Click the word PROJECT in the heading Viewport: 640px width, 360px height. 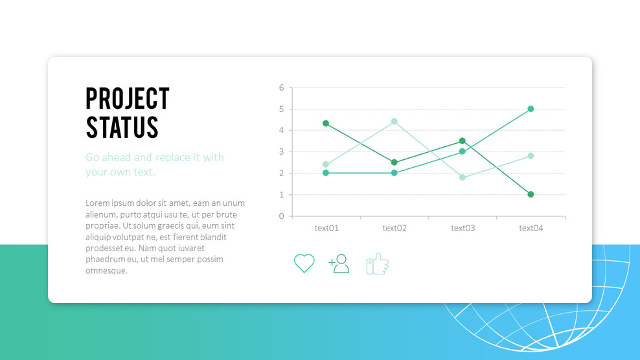128,99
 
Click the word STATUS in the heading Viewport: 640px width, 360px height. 122,128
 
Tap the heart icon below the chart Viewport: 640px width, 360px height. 304,264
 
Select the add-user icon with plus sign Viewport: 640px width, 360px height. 339,264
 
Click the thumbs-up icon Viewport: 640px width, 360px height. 378,264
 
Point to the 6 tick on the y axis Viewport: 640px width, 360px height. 282,87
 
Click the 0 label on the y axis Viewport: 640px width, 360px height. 282,216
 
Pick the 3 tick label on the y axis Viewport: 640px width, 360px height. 282,152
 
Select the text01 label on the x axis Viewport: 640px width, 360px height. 326,228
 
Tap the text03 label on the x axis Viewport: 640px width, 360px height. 463,228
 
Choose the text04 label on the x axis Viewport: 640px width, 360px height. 531,228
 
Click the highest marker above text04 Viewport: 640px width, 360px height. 531,109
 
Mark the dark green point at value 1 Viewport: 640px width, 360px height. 531,194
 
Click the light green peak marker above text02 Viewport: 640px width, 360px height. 394,121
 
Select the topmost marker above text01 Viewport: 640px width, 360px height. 326,123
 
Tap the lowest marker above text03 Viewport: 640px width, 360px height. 463,177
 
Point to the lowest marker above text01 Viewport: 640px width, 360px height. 326,173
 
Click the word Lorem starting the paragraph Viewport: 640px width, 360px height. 98,203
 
